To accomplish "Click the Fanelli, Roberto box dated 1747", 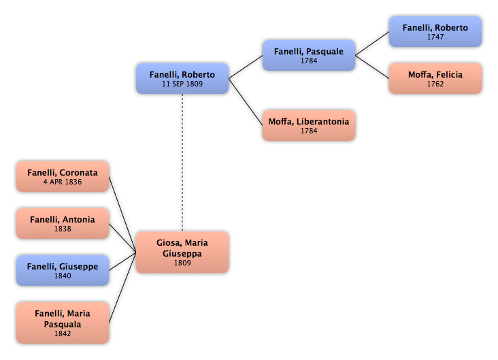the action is [x=435, y=32].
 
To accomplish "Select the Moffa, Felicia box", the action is [x=435, y=78].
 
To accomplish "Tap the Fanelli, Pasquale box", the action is [x=309, y=55].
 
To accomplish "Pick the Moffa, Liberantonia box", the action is [x=309, y=125].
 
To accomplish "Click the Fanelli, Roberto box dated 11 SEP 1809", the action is [x=182, y=78].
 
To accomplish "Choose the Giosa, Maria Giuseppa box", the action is [x=182, y=252].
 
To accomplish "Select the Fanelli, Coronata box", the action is [x=63, y=176].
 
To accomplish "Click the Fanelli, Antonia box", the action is [x=63, y=223].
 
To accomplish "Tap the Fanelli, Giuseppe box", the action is [x=63, y=270].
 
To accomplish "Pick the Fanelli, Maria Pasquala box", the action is [x=63, y=323].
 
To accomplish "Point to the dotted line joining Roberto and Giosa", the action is [x=182, y=163].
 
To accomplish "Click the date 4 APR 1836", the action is [x=63, y=182].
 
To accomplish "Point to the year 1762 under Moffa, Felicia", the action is [x=435, y=84].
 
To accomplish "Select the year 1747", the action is [x=435, y=37].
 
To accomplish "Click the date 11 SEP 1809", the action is [x=182, y=84].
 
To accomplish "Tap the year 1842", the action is [x=63, y=333].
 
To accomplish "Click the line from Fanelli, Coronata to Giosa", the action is [x=122, y=215].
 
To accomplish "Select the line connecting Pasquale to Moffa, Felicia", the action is [x=372, y=67].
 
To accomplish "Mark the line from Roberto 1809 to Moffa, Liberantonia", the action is [x=246, y=102].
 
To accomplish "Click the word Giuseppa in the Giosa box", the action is [x=182, y=254].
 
